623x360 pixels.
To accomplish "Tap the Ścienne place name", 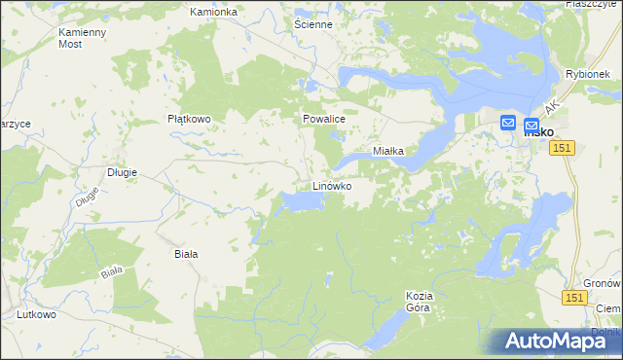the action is [313, 24].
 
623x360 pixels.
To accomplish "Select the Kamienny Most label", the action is [83, 38].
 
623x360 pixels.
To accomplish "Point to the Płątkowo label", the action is [190, 119].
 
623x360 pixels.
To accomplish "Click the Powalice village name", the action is [323, 119].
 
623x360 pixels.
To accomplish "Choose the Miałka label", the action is [396, 152].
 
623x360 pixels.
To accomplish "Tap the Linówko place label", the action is [331, 185].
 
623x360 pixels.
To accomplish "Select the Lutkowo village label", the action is [36, 315].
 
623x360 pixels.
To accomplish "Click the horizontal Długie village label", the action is [122, 172].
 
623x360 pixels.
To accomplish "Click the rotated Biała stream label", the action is [114, 271].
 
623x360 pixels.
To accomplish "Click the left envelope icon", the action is [508, 124].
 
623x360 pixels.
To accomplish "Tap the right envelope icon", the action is [531, 126].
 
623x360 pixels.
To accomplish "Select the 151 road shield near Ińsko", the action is [562, 147].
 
